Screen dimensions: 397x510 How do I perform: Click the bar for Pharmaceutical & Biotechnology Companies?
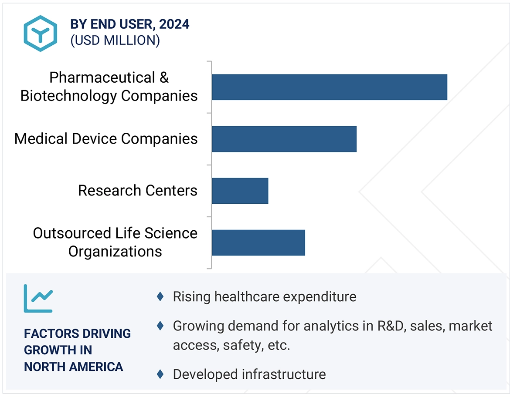pyautogui.click(x=329, y=87)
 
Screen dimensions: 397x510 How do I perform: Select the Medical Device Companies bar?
pyautogui.click(x=284, y=139)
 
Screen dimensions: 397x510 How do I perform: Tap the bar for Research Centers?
pyautogui.click(x=240, y=191)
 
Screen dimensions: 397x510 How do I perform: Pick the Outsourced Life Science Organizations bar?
pyautogui.click(x=258, y=242)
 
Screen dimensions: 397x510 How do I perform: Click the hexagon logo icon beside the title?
pyautogui.click(x=40, y=34)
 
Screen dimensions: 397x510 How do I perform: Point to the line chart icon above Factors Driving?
pyautogui.click(x=38, y=299)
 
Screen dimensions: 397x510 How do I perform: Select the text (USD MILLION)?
pyautogui.click(x=115, y=40)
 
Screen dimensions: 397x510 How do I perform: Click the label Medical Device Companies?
pyautogui.click(x=106, y=139)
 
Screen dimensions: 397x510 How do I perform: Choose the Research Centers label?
pyautogui.click(x=137, y=191)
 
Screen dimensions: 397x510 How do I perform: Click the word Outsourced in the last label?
pyautogui.click(x=72, y=233)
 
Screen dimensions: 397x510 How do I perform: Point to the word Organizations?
pyautogui.click(x=115, y=252)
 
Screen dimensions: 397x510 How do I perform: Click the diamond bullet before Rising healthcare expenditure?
pyautogui.click(x=160, y=297)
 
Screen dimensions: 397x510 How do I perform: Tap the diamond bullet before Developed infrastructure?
pyautogui.click(x=160, y=374)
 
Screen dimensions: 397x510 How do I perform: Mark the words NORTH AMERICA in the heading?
pyautogui.click(x=73, y=367)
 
